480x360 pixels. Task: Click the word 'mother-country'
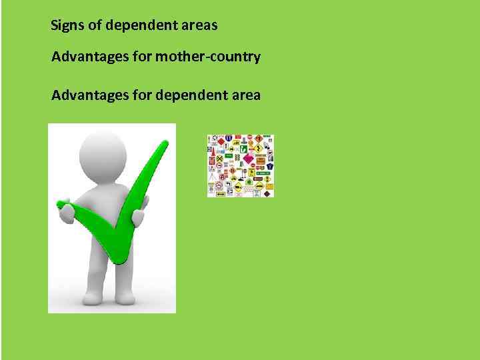[207, 57]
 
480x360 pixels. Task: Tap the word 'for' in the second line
[142, 57]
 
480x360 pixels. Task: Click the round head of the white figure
[103, 155]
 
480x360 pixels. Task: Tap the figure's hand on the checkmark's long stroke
[138, 217]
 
